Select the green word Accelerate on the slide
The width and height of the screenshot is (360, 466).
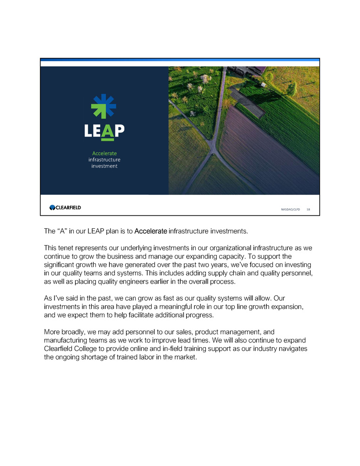point(104,153)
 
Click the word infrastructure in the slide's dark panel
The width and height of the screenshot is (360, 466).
point(104,160)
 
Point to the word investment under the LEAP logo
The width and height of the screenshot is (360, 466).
point(104,166)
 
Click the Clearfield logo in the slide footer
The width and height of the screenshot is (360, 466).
point(65,207)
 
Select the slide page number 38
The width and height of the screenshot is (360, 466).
point(308,210)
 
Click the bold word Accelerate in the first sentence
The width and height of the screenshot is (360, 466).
point(150,231)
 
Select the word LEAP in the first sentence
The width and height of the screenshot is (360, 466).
point(106,231)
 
